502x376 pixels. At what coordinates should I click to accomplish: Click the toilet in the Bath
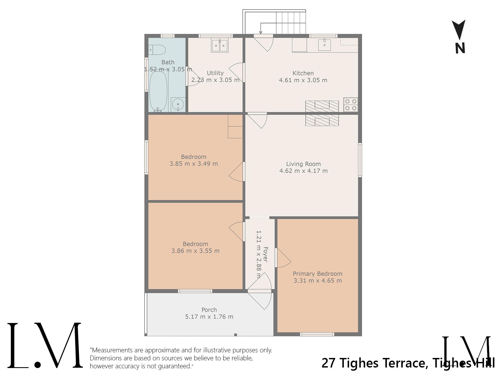click(157, 50)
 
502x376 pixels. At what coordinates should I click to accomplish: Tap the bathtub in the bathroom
click(159, 91)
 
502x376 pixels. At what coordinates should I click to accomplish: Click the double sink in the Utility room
click(220, 46)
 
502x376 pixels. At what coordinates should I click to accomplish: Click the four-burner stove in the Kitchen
click(351, 105)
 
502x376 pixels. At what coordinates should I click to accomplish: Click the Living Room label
click(303, 164)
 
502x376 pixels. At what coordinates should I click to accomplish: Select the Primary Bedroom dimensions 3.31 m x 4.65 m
click(318, 280)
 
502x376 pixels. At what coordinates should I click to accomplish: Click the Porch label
click(209, 310)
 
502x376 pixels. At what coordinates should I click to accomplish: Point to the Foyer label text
click(265, 254)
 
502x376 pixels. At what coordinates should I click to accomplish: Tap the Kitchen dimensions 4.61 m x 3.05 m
click(303, 80)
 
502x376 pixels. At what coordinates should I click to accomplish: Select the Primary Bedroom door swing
click(283, 258)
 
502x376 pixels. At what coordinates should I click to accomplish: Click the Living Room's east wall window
click(360, 160)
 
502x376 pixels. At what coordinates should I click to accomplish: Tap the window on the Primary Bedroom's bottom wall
click(317, 334)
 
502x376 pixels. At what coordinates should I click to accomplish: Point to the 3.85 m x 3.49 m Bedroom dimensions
click(194, 163)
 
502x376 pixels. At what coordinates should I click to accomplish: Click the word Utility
click(215, 73)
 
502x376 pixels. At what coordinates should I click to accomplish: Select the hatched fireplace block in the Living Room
click(322, 120)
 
